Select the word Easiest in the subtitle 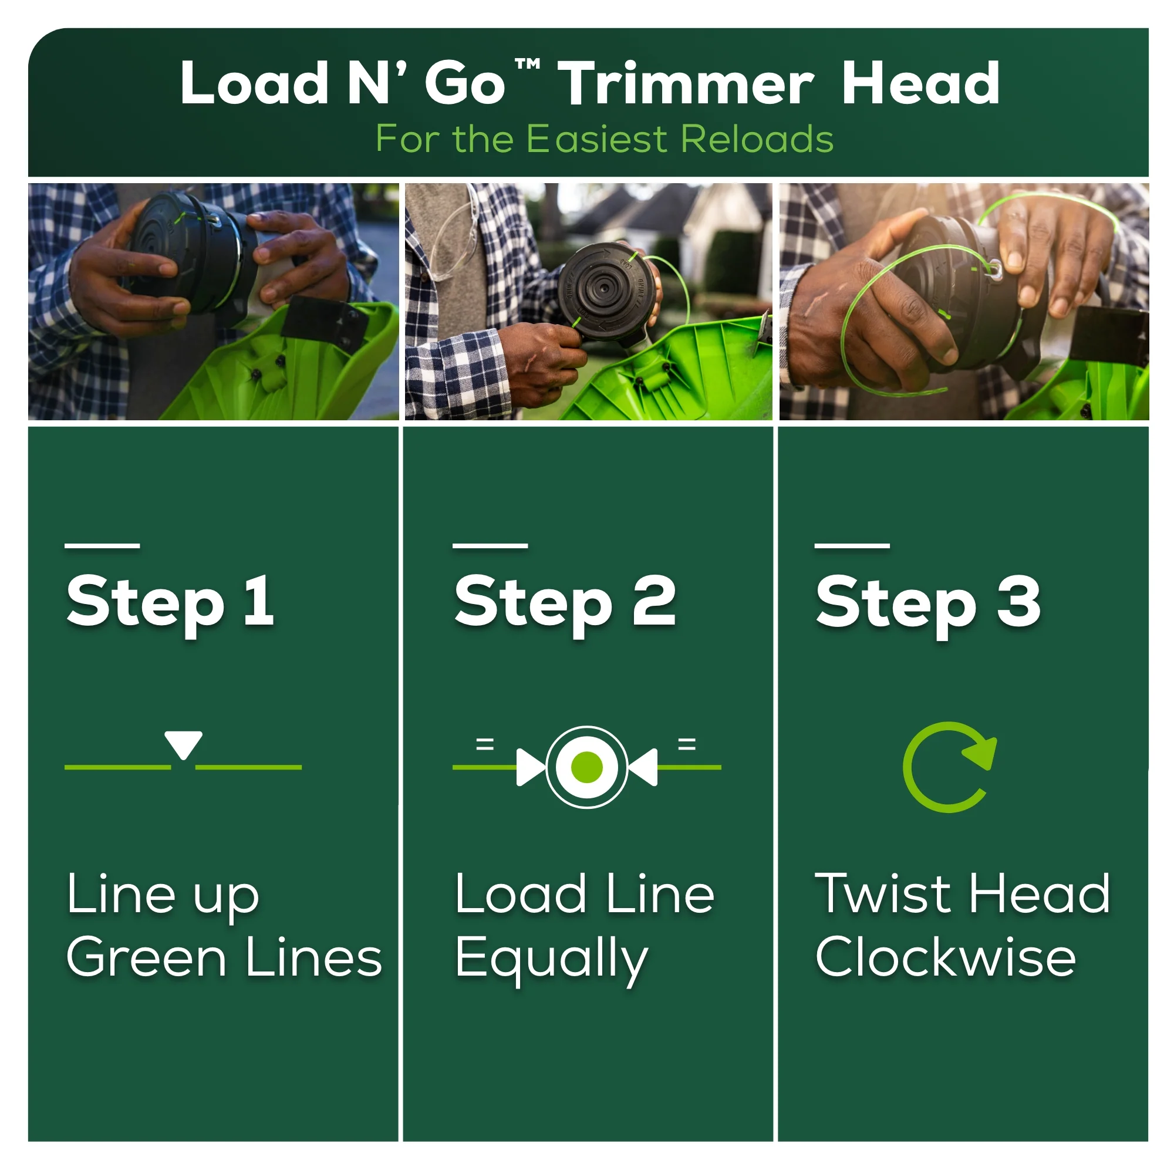coord(598,139)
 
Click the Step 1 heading coord(170,602)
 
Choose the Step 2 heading coord(565,602)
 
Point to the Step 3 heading coord(928,602)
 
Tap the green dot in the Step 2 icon coord(586,767)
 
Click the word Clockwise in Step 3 coord(946,957)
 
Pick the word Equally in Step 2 coord(552,960)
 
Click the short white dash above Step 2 coord(490,546)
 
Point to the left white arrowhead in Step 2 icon coord(530,767)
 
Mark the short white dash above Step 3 coord(852,546)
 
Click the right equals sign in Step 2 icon coord(687,744)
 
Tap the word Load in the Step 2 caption coord(521,893)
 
